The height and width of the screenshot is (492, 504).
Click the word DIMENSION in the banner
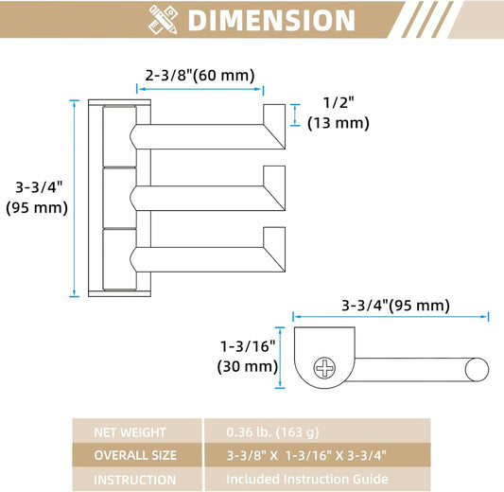pos(271,20)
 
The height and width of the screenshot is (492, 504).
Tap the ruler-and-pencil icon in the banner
pos(163,20)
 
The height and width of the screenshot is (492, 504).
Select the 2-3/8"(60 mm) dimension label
pos(200,76)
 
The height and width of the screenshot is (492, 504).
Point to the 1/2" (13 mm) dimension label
pos(339,114)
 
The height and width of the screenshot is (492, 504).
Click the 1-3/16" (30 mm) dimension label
pos(248,357)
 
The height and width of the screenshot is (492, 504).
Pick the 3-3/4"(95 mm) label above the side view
pos(395,306)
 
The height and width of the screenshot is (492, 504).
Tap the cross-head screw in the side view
pos(324,367)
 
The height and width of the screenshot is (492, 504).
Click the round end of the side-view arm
pos(477,370)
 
